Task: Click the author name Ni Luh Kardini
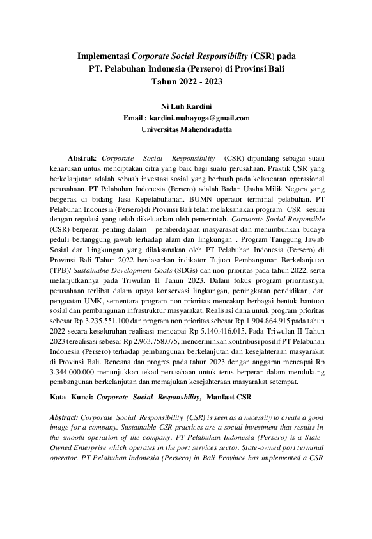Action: pyautogui.click(x=185, y=106)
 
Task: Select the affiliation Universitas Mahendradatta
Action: pyautogui.click(x=185, y=129)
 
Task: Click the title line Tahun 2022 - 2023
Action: pyautogui.click(x=186, y=81)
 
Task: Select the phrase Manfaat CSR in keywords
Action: pyautogui.click(x=228, y=397)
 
